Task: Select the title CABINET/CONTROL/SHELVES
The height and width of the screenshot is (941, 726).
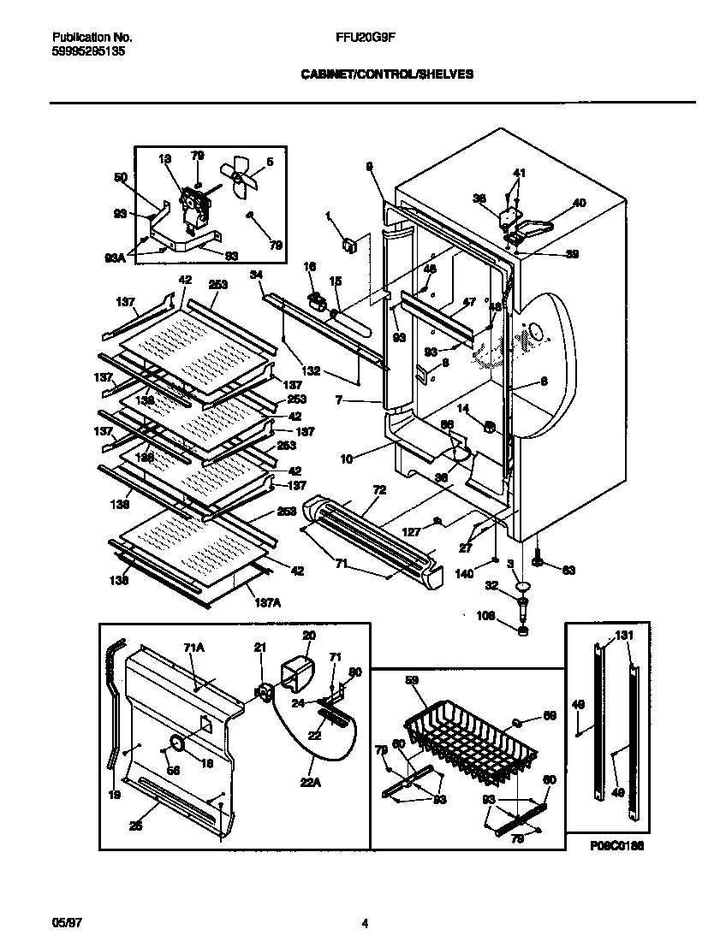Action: click(387, 74)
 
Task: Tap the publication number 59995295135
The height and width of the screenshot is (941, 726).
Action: click(87, 50)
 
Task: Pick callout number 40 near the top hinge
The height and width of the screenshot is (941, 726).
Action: click(580, 203)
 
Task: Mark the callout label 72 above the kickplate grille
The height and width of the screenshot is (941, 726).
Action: click(379, 489)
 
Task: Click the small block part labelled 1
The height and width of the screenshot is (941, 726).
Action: click(349, 246)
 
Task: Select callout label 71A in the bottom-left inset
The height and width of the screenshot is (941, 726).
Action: click(193, 649)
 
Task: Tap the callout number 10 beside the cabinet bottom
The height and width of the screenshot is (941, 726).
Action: click(346, 459)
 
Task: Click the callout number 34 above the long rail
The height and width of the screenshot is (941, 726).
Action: click(256, 275)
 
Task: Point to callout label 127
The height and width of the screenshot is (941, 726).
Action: click(413, 531)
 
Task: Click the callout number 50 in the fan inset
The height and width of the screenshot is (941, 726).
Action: click(119, 178)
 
